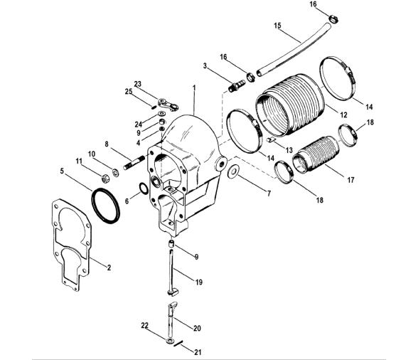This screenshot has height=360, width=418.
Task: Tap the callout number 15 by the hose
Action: pos(277,26)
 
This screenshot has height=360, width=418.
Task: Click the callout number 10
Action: pos(91,154)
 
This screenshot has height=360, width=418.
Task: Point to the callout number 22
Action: pos(146,325)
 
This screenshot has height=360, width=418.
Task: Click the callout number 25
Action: pos(130,91)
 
